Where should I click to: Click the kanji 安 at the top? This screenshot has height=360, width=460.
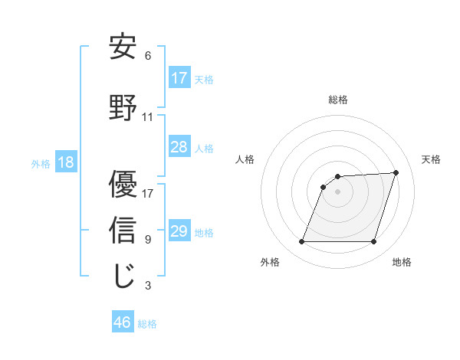pyautogui.click(x=123, y=47)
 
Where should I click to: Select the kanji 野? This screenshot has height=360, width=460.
pyautogui.click(x=123, y=108)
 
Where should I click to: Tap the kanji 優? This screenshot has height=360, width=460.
pyautogui.click(x=123, y=184)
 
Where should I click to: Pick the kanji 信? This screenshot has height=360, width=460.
pyautogui.click(x=123, y=231)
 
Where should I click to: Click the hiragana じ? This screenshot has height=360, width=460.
pyautogui.click(x=123, y=277)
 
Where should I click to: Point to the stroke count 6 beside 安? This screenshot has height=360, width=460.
pyautogui.click(x=148, y=56)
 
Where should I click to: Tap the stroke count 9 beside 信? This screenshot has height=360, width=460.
pyautogui.click(x=148, y=240)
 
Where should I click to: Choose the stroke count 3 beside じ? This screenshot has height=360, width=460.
pyautogui.click(x=148, y=286)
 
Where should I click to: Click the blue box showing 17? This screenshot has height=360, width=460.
pyautogui.click(x=179, y=78)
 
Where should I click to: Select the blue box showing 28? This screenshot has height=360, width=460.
pyautogui.click(x=179, y=147)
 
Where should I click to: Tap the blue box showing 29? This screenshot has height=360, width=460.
pyautogui.click(x=179, y=231)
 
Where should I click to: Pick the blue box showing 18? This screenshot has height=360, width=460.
pyautogui.click(x=65, y=162)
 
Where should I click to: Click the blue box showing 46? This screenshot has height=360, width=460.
pyautogui.click(x=123, y=322)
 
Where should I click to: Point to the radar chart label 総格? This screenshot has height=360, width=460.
pyautogui.click(x=338, y=100)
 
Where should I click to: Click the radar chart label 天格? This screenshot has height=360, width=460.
pyautogui.click(x=431, y=159)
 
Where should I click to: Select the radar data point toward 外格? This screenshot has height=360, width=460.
pyautogui.click(x=301, y=242)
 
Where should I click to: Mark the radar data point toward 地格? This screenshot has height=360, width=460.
pyautogui.click(x=374, y=242)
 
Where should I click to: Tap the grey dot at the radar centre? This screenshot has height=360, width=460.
pyautogui.click(x=337, y=191)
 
